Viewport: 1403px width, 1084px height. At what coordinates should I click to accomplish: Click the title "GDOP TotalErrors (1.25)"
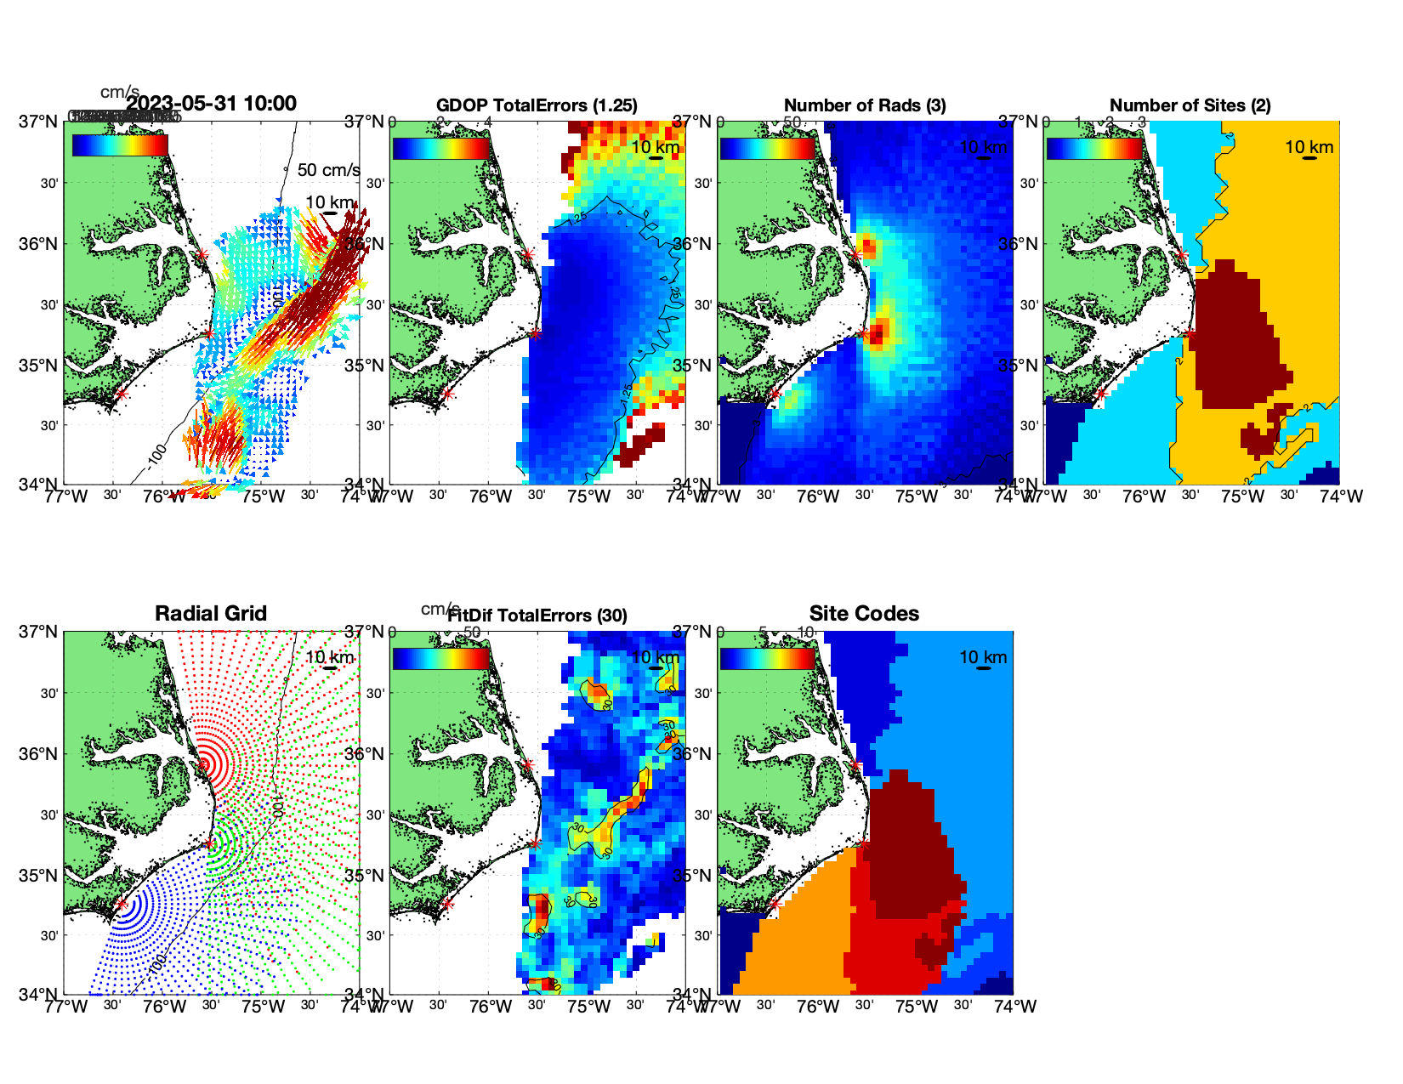[537, 105]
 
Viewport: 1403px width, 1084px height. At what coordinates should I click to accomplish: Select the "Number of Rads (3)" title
[865, 105]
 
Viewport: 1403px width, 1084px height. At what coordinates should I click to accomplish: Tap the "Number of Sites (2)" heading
[1190, 105]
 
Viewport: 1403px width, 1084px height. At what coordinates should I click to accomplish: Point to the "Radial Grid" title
[211, 614]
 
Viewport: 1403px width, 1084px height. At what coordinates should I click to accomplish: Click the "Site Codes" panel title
[864, 614]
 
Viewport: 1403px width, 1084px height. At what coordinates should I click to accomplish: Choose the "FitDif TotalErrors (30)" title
[537, 616]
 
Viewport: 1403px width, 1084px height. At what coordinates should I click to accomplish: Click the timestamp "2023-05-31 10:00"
[212, 104]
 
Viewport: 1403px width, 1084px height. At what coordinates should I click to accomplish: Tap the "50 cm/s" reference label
[328, 170]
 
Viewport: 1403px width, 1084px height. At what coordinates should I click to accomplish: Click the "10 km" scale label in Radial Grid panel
[329, 657]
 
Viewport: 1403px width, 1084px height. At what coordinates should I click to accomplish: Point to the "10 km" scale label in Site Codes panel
[983, 657]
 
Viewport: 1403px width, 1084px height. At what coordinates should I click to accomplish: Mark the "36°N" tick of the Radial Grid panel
[40, 754]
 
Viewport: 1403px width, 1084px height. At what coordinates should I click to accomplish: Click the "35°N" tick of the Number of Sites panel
[1020, 366]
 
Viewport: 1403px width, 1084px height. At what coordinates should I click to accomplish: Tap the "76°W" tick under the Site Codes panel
[818, 1007]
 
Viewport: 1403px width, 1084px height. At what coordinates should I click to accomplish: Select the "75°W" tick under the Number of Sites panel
[1243, 497]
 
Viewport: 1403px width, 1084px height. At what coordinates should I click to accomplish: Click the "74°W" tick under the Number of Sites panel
[1341, 497]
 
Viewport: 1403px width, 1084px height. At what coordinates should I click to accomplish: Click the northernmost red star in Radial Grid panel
[202, 764]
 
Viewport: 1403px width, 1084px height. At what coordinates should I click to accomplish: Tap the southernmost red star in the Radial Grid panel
[122, 905]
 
